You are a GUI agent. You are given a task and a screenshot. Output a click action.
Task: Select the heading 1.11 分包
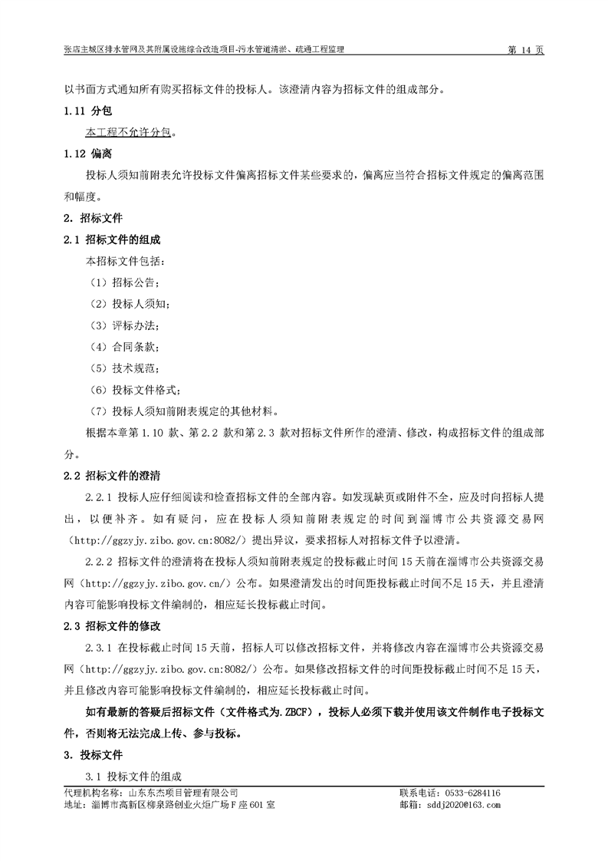pos(89,111)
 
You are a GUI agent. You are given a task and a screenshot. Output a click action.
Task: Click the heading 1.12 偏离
pos(89,153)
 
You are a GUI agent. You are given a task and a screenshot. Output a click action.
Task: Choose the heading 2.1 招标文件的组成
pos(112,239)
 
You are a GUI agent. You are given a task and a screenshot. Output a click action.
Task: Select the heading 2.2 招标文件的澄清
pos(112,475)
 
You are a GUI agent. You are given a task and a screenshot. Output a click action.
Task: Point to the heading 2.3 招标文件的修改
pos(112,625)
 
